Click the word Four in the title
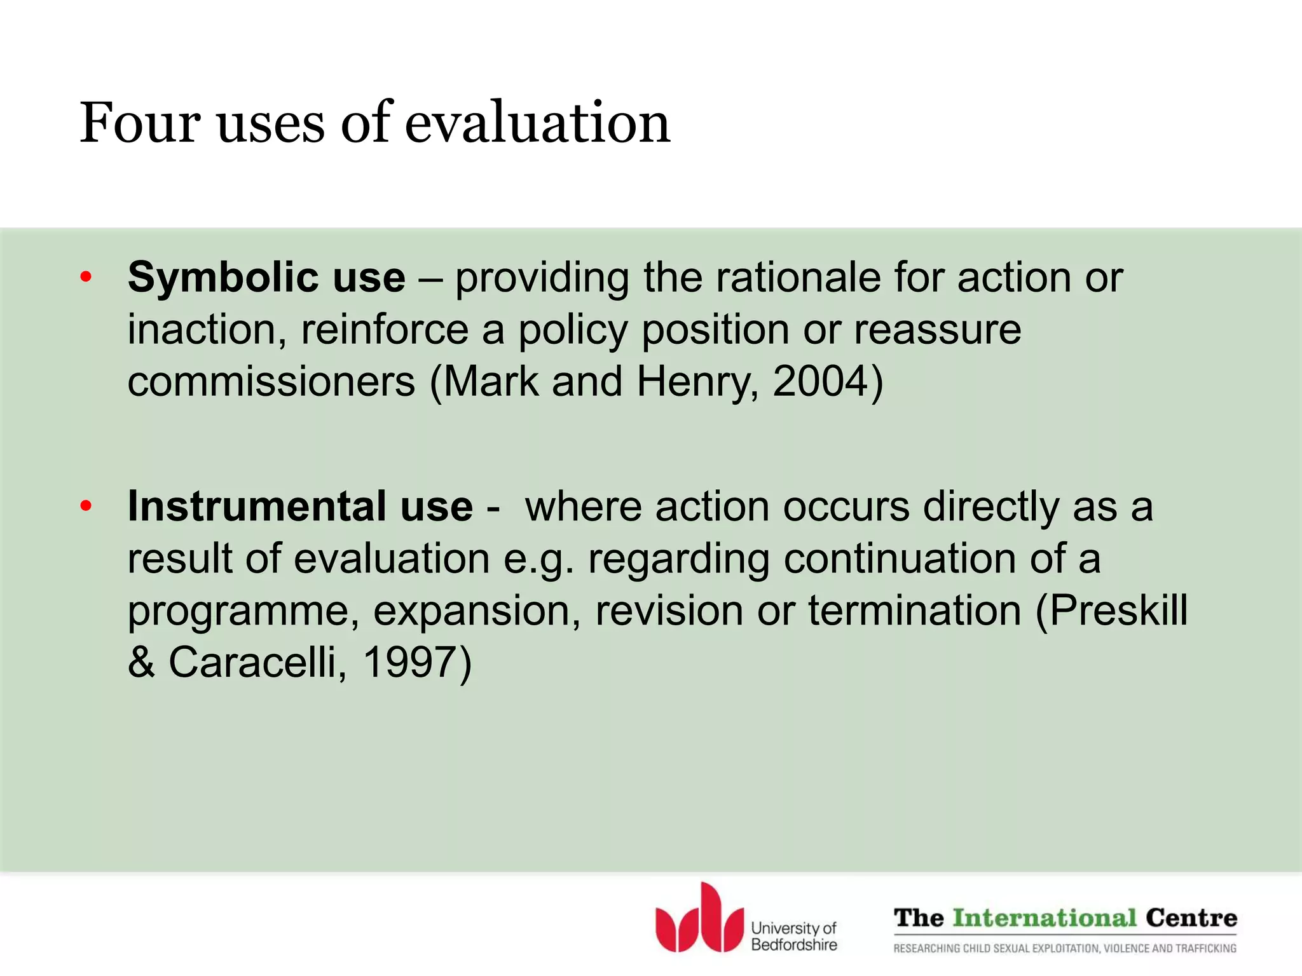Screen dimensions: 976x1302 (139, 123)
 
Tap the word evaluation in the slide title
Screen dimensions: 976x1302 (537, 123)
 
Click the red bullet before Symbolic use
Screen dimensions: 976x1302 (86, 278)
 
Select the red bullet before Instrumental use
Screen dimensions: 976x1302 (86, 506)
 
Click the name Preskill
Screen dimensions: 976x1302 (1118, 610)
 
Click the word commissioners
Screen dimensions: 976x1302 (271, 383)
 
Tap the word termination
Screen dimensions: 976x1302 (914, 610)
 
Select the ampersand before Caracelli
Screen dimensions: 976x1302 (141, 662)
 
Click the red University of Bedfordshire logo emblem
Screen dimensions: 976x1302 (699, 919)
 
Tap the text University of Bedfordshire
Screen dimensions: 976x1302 (793, 937)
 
